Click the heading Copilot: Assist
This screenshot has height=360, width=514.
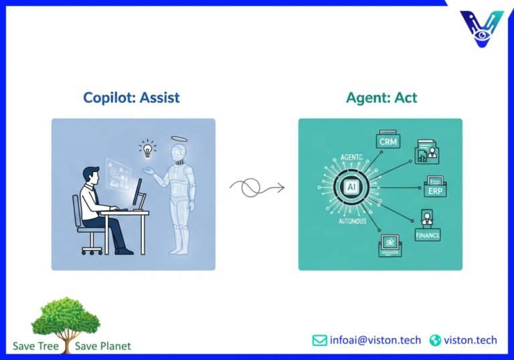point(131,98)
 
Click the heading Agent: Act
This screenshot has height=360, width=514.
point(381,98)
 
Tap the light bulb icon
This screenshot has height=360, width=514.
point(147,149)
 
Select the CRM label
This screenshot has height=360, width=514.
point(388,143)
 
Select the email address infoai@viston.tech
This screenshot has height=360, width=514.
point(375,340)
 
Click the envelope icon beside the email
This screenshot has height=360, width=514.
point(320,340)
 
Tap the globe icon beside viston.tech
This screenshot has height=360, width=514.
point(436,340)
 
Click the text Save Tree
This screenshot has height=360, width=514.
point(35,346)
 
